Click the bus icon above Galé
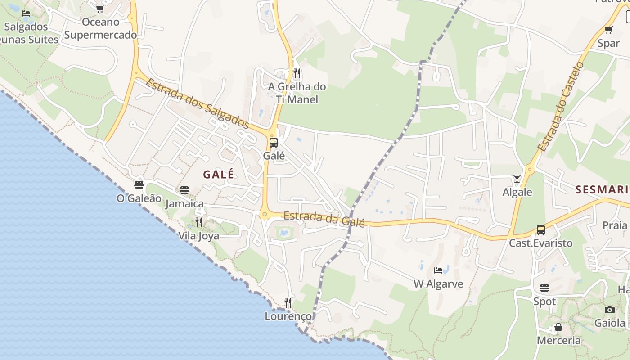(x=273, y=143)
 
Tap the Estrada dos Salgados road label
(x=198, y=103)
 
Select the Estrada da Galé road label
(x=324, y=218)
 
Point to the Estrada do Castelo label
(x=560, y=107)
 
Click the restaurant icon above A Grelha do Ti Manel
(x=297, y=73)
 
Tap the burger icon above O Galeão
(x=139, y=185)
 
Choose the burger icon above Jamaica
(x=184, y=190)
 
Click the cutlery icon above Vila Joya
(x=198, y=222)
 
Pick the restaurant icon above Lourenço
(x=288, y=302)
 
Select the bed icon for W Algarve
(x=438, y=270)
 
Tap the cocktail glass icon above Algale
(x=517, y=179)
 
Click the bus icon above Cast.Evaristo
(x=540, y=230)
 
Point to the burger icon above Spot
(x=544, y=288)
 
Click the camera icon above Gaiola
(x=610, y=310)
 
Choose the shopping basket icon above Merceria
(x=558, y=327)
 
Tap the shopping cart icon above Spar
(x=608, y=30)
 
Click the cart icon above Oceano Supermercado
(x=100, y=9)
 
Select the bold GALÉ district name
(x=219, y=175)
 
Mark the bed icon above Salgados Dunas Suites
(x=26, y=13)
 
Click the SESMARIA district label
(x=602, y=189)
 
